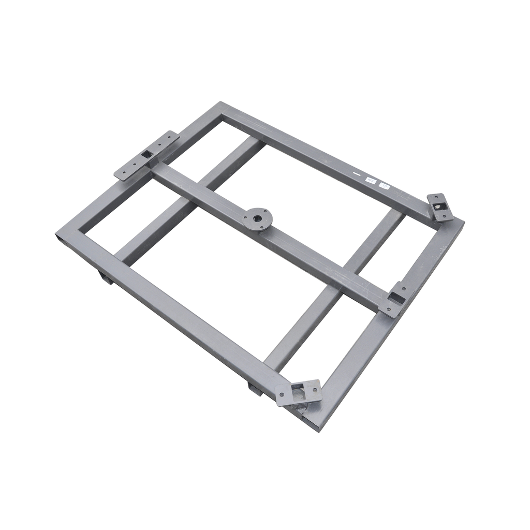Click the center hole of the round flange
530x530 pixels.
pyautogui.click(x=258, y=217)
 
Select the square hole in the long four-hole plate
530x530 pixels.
pyautogui.click(x=148, y=153)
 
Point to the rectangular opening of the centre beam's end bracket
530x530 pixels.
pyautogui.click(x=397, y=298)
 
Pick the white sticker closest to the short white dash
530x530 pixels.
pyautogui.click(x=370, y=179)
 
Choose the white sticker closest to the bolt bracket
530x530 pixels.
pyautogui.click(x=384, y=185)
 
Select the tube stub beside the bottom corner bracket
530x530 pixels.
pyautogui.click(x=255, y=388)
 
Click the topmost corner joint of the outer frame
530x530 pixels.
pyautogui.click(x=220, y=104)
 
